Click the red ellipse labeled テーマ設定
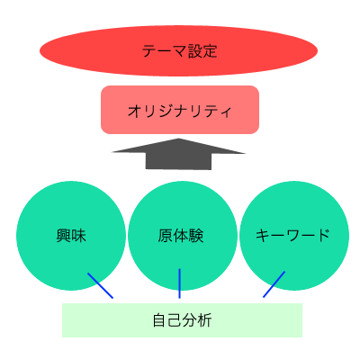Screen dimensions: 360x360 (178, 50)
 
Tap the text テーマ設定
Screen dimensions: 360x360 (179, 50)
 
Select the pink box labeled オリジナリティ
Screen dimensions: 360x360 (180, 110)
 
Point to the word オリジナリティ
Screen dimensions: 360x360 (179, 111)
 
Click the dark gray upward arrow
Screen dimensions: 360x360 (178, 154)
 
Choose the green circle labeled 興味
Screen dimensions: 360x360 (71, 236)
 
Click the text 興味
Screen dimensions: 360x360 (71, 236)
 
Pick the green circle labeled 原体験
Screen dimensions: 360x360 (183, 236)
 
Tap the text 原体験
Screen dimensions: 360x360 (181, 236)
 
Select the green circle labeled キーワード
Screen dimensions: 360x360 (294, 236)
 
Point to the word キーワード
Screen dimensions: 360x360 (292, 236)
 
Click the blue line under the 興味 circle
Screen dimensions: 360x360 (100, 285)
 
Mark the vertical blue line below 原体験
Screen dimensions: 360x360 (179, 283)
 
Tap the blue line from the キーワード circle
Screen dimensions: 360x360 (274, 284)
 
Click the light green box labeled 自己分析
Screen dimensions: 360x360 (182, 320)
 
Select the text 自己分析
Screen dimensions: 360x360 (182, 320)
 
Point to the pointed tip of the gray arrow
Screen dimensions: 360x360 (179, 139)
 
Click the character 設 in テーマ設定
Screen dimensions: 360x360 (194, 50)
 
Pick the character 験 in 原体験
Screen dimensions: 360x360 (196, 236)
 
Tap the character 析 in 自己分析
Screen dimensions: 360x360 (204, 320)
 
